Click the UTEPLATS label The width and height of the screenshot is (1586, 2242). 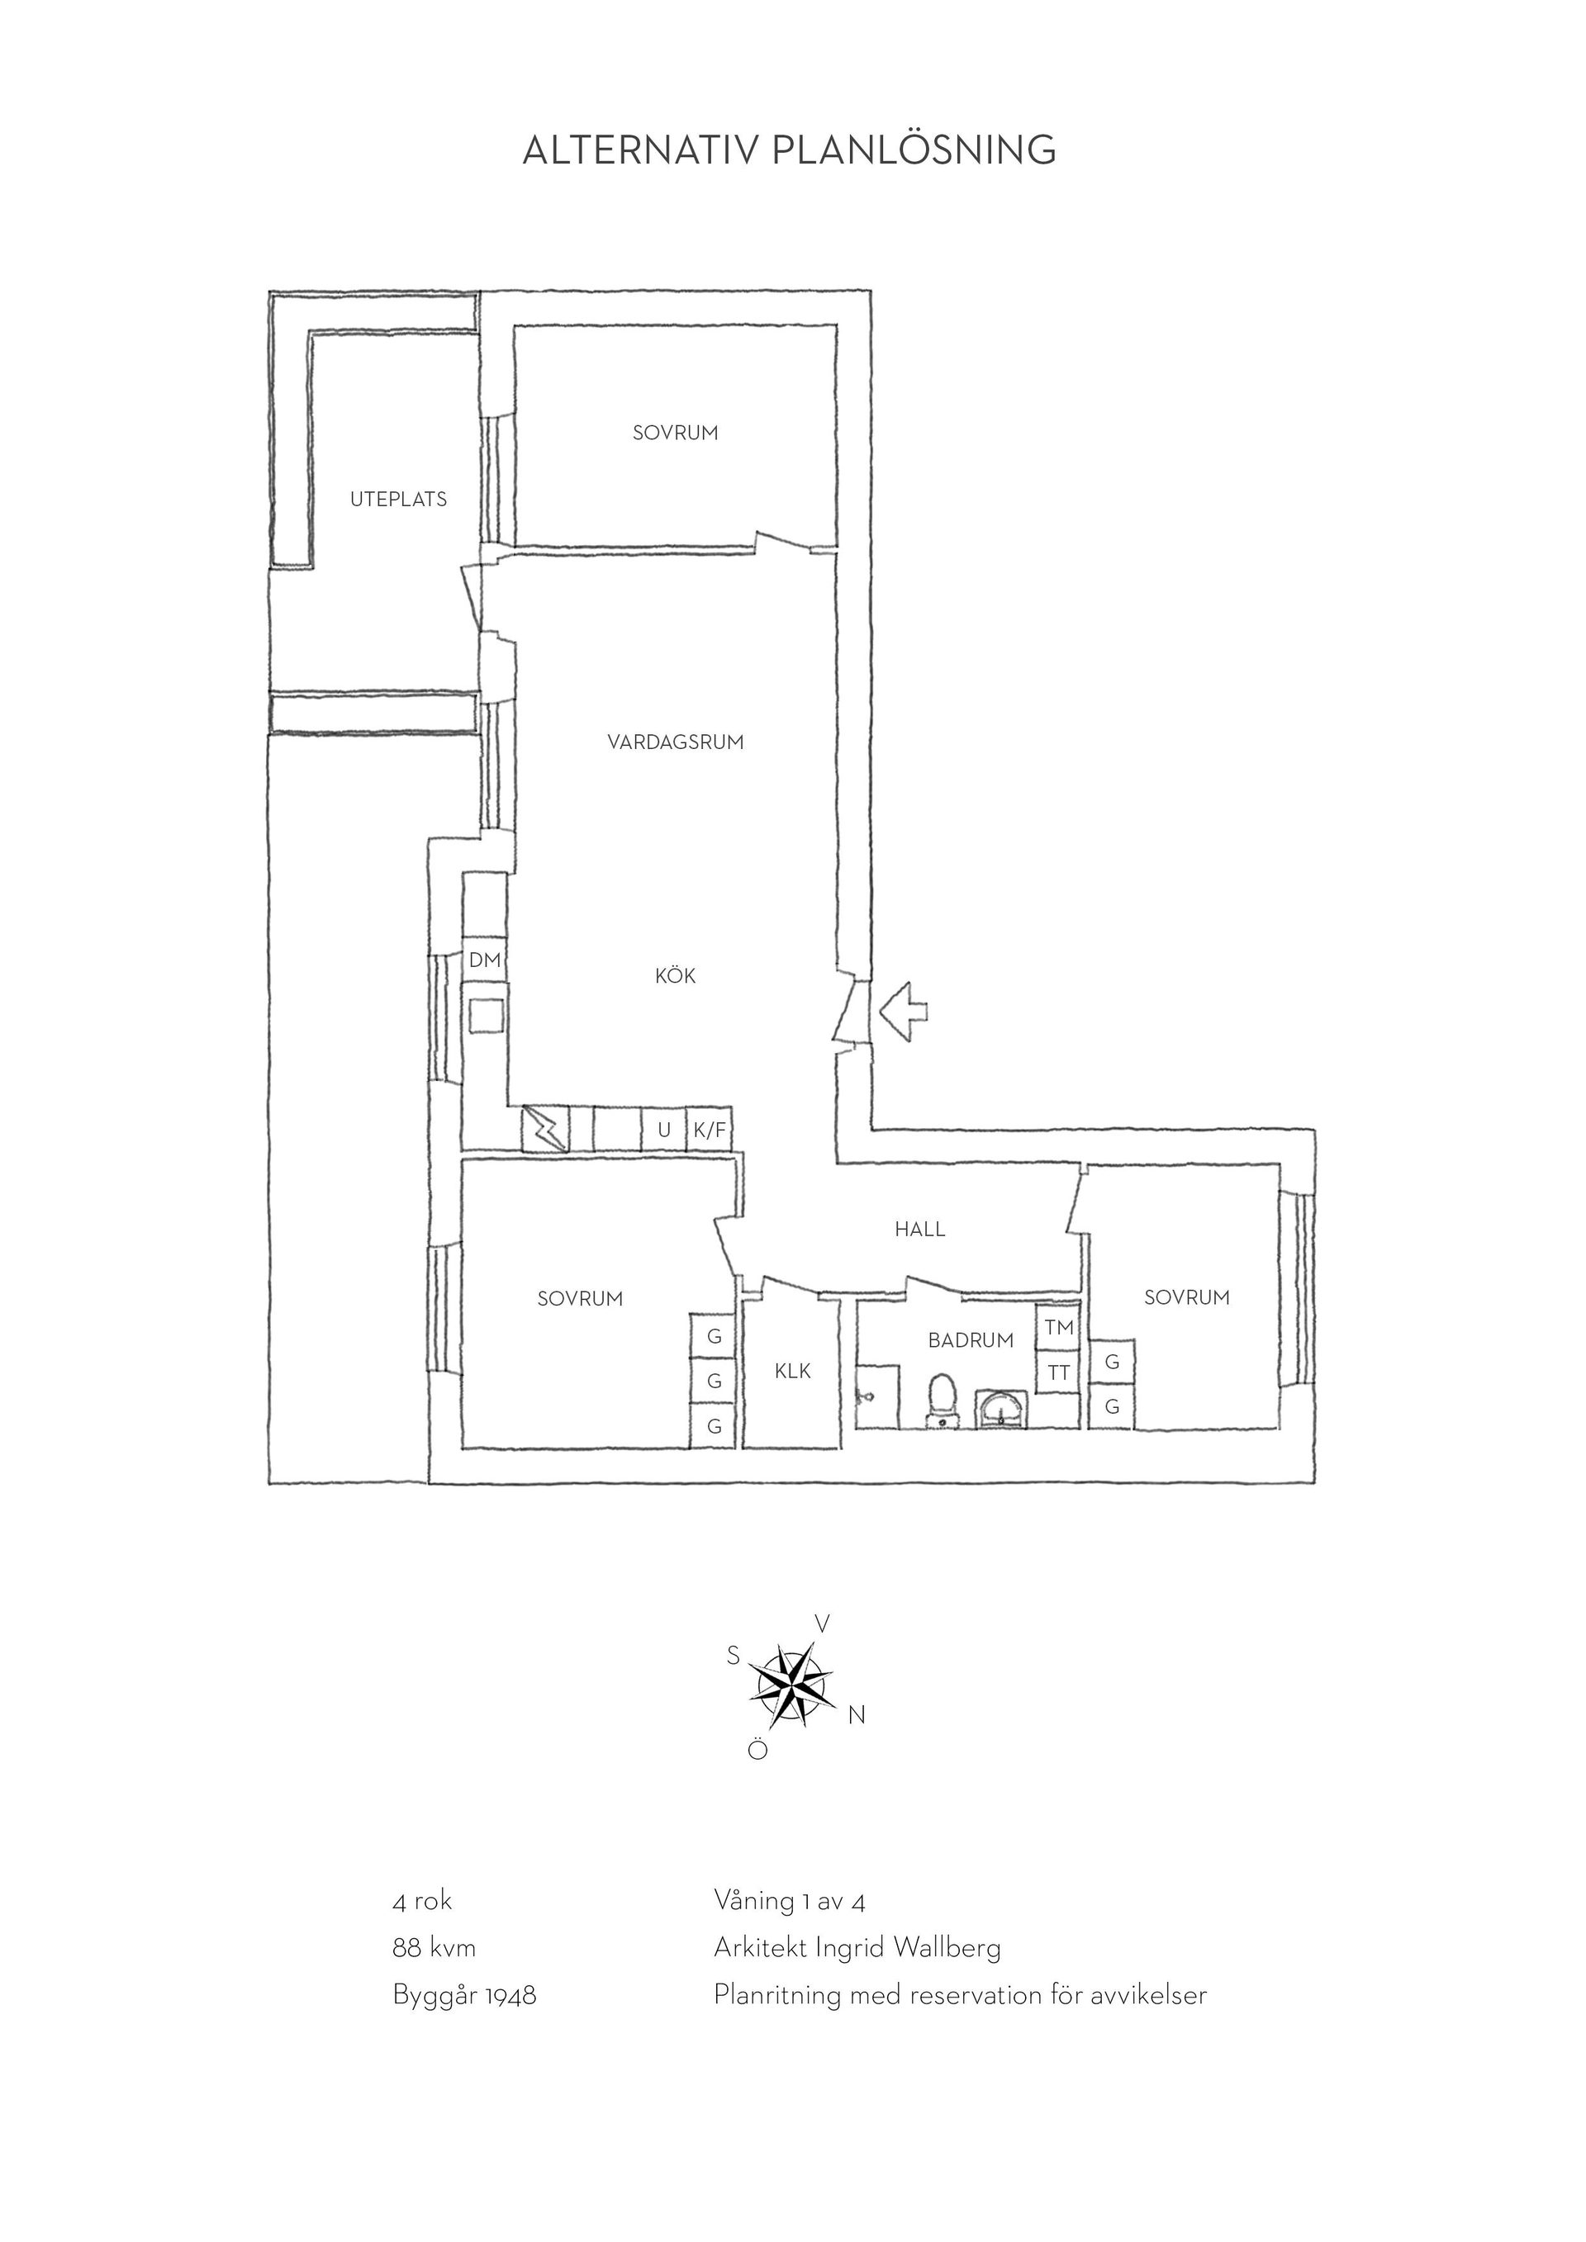[x=398, y=499]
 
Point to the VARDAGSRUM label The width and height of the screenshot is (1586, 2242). [x=676, y=742]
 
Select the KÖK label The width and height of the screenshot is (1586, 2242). [x=676, y=975]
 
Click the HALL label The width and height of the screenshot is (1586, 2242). [x=920, y=1230]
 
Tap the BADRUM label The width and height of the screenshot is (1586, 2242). [x=971, y=1341]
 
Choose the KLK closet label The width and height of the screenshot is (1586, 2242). [x=793, y=1371]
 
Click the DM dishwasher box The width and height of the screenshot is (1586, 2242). [x=484, y=960]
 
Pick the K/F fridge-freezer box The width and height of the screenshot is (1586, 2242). [x=710, y=1130]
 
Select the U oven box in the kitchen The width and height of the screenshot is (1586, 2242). [x=664, y=1130]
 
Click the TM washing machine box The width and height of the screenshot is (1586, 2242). [x=1059, y=1327]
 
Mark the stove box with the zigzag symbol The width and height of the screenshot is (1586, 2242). [x=546, y=1129]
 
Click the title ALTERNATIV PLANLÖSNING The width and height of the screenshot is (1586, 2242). [x=789, y=150]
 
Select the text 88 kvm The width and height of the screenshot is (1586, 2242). [x=434, y=1948]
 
